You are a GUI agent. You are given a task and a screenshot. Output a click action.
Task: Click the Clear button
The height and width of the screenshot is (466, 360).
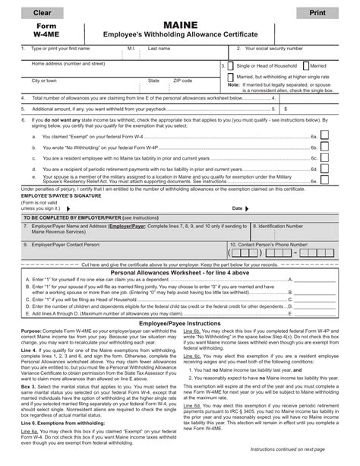36,14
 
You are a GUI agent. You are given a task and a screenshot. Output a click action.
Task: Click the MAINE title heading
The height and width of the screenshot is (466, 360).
181,25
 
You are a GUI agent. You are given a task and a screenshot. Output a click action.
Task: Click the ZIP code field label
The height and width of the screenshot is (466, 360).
183,80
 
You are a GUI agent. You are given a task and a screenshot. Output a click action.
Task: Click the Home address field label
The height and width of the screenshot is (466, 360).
68,64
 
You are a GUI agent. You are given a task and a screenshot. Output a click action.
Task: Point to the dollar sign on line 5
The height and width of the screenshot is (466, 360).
264,109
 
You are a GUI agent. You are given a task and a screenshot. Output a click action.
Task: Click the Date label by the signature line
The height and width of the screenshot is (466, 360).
238,208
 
